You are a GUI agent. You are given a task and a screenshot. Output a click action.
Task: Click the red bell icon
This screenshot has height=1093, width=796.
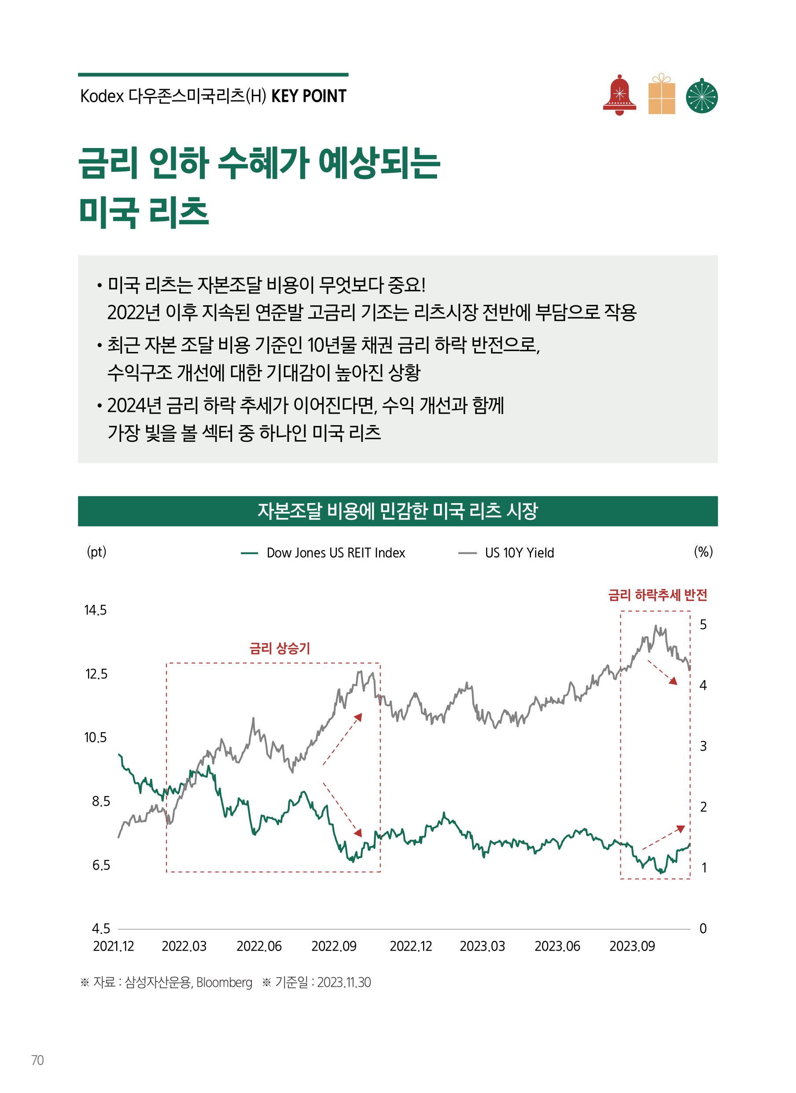tap(619, 96)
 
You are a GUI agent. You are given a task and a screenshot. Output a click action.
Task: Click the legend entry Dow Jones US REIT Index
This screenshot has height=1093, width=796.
tap(335, 553)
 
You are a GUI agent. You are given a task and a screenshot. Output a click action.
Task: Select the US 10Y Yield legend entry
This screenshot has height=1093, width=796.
tap(519, 553)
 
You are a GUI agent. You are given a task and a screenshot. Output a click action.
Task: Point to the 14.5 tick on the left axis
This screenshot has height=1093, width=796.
tap(96, 611)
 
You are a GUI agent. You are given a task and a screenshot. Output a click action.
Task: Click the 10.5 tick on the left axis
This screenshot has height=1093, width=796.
tap(96, 737)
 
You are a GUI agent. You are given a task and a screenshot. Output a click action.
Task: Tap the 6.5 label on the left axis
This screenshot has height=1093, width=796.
tap(101, 865)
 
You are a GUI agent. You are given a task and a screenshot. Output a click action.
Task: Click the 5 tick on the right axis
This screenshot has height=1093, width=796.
tap(703, 625)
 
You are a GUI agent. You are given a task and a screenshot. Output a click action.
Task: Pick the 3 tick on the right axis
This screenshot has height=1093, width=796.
tap(703, 746)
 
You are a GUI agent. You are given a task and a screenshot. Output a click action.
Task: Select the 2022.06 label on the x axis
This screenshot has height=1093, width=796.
tap(259, 946)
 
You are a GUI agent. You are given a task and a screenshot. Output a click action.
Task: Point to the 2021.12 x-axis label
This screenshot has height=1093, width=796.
tap(113, 946)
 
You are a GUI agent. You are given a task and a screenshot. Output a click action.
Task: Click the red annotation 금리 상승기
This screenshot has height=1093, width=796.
tap(280, 648)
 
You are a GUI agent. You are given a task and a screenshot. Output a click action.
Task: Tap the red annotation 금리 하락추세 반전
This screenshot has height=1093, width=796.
tap(657, 596)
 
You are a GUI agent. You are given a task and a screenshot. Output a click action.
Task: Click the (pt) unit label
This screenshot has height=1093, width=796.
tap(96, 552)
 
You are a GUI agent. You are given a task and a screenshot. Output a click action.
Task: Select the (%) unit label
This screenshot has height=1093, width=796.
tap(703, 552)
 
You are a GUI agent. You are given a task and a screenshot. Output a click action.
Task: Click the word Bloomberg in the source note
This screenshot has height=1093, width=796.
tap(224, 982)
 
